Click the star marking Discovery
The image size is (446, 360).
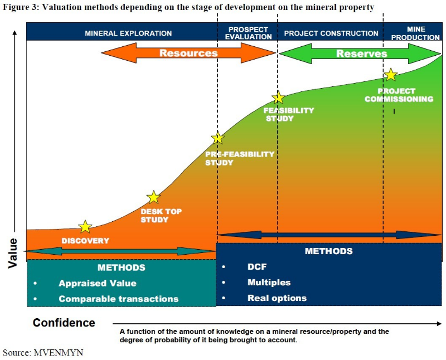click(85, 226)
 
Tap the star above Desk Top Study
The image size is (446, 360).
click(153, 197)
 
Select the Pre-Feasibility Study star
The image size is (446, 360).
click(218, 138)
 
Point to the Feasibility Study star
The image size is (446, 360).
click(278, 98)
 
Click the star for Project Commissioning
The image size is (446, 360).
click(391, 75)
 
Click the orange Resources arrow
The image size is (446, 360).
click(189, 53)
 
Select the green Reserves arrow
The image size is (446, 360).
click(361, 53)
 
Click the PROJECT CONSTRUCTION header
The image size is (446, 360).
click(331, 33)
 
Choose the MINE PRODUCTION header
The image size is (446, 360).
click(415, 33)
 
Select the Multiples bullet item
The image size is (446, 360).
click(269, 283)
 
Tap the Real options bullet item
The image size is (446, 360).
click(277, 298)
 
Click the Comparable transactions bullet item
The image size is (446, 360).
click(118, 299)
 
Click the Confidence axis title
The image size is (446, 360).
click(64, 323)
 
